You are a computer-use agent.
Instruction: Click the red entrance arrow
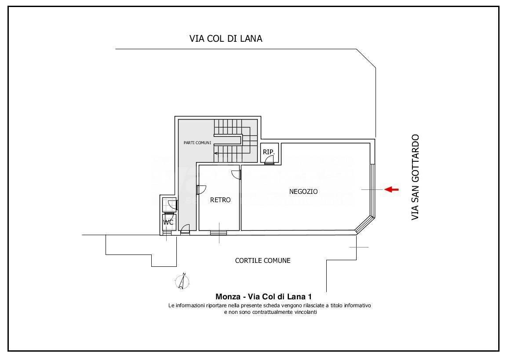[391, 189]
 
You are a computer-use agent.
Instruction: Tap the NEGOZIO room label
[303, 191]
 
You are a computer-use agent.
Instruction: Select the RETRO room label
[220, 200]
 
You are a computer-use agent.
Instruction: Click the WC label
[168, 222]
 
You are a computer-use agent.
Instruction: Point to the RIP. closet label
[269, 152]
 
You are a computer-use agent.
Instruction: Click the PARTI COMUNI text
[197, 143]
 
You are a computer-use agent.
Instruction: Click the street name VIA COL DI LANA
[226, 39]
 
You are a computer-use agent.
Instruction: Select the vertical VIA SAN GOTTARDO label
[415, 177]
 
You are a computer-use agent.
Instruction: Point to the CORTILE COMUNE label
[263, 260]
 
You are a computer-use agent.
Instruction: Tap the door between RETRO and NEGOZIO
[237, 174]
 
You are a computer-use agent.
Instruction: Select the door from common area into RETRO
[201, 189]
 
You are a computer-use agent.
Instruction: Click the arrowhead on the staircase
[216, 153]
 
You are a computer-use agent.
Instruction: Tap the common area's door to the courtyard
[185, 229]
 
